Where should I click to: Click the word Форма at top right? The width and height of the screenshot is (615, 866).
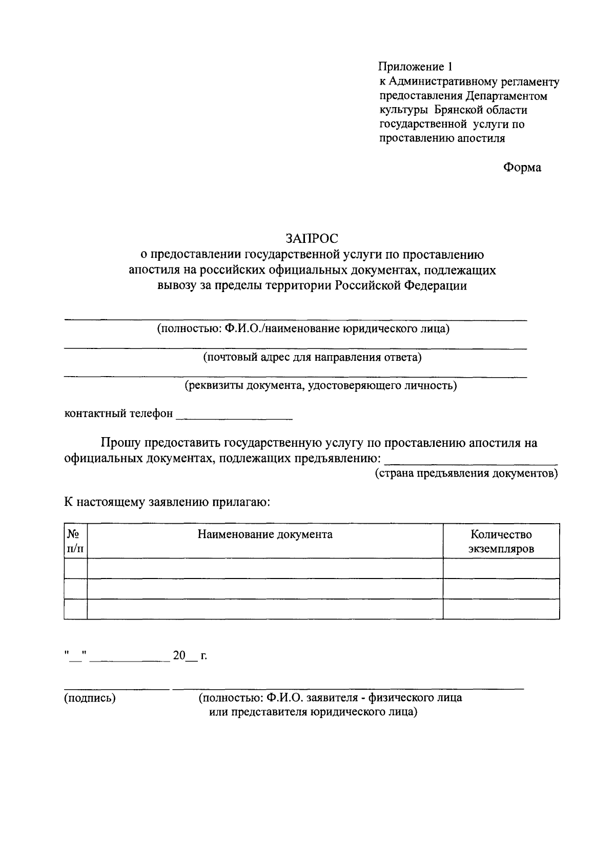tap(522, 167)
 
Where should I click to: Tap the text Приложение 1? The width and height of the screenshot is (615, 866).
tap(416, 67)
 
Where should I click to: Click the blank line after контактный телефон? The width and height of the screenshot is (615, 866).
tap(234, 416)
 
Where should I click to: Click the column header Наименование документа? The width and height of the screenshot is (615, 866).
tap(265, 534)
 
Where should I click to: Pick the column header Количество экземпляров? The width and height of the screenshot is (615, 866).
tap(501, 542)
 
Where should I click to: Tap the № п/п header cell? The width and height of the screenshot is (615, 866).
tap(75, 541)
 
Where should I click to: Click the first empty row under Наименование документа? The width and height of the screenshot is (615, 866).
tap(265, 568)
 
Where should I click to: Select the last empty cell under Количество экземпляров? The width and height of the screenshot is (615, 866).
tap(501, 609)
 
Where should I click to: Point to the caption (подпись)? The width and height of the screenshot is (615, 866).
tap(90, 698)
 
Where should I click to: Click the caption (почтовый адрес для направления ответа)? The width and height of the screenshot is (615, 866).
tap(312, 357)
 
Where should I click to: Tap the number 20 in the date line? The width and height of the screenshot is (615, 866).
tap(178, 655)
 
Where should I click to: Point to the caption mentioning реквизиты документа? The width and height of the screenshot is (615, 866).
tap(321, 385)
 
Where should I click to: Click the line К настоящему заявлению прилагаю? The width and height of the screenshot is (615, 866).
tap(167, 501)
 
